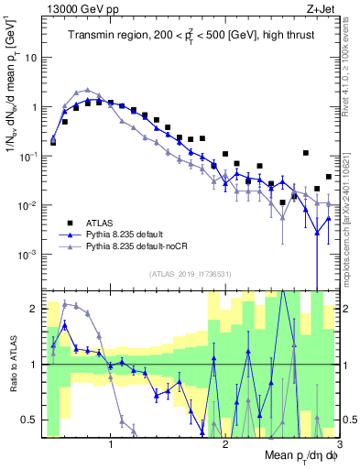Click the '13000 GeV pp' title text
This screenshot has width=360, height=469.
[77, 10]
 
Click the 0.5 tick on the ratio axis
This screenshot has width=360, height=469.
[31, 420]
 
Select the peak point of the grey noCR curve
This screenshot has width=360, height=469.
[87, 91]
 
